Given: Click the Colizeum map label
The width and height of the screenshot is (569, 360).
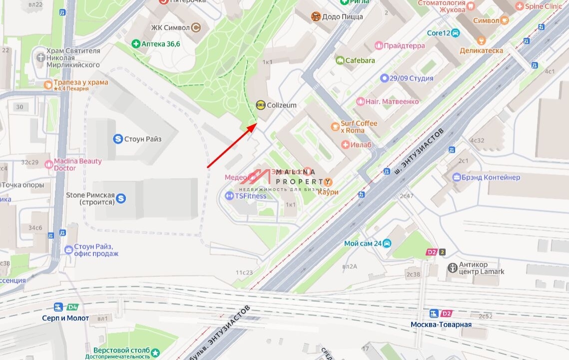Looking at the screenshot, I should click(x=282, y=105).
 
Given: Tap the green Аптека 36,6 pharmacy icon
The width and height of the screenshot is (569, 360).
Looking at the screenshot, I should click(x=135, y=44).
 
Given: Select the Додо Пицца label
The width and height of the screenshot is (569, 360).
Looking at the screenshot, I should click(x=342, y=17).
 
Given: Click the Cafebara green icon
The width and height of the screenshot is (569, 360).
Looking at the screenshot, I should click(x=340, y=60).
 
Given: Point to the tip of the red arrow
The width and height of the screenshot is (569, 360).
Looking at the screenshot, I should click(x=257, y=123).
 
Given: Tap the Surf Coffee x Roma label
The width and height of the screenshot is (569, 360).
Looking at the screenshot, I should click(x=359, y=127).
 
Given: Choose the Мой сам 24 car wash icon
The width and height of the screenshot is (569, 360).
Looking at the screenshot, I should click(x=387, y=244).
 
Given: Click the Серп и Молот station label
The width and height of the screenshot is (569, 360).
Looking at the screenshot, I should click(x=65, y=318).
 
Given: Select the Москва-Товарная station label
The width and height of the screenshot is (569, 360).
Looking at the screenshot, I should click(x=441, y=325).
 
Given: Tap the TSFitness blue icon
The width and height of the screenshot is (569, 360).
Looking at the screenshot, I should click(x=229, y=196).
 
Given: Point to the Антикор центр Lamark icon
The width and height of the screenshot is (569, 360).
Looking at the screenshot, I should click(x=452, y=268).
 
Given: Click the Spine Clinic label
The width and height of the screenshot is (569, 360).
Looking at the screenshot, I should click(x=543, y=6).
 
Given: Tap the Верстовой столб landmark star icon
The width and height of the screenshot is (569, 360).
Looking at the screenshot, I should click(x=155, y=353).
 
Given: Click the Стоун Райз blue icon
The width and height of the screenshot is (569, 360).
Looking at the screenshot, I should click(x=118, y=139).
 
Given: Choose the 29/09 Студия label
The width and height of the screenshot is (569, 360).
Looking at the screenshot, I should click(x=411, y=78).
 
